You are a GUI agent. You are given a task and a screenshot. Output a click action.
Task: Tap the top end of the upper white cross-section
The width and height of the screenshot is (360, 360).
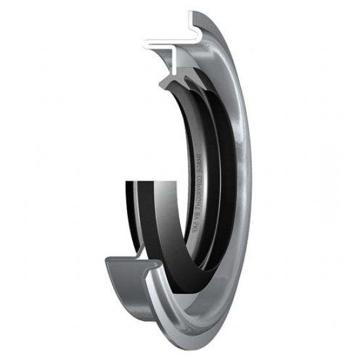point(190,14)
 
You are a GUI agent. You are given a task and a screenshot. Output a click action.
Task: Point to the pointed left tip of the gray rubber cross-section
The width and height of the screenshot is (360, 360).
point(159,83)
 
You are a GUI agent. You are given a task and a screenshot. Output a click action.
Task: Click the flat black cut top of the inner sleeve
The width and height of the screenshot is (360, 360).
point(149,179)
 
